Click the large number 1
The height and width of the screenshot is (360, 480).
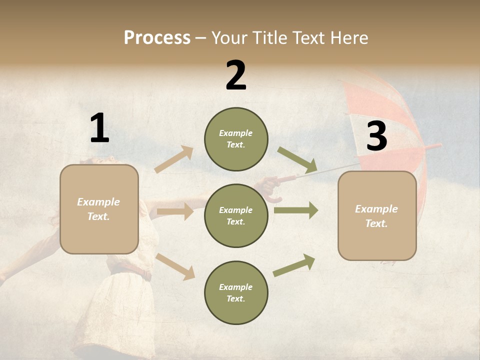click(x=99, y=128)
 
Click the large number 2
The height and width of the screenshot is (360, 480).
click(x=236, y=75)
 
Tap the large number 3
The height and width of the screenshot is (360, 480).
click(x=377, y=136)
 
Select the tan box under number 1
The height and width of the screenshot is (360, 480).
click(x=99, y=209)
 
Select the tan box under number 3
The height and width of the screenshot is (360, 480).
click(x=377, y=216)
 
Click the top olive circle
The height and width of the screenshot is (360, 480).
click(x=236, y=139)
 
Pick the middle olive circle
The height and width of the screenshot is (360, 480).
click(x=236, y=215)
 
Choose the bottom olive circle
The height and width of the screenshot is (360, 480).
click(x=236, y=292)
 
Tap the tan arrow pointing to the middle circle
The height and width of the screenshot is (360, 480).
click(x=175, y=211)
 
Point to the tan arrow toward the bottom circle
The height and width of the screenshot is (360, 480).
click(x=175, y=266)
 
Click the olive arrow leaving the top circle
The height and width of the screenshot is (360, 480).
click(x=297, y=160)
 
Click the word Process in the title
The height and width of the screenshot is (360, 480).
click(x=157, y=37)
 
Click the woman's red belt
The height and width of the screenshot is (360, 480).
click(x=131, y=273)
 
